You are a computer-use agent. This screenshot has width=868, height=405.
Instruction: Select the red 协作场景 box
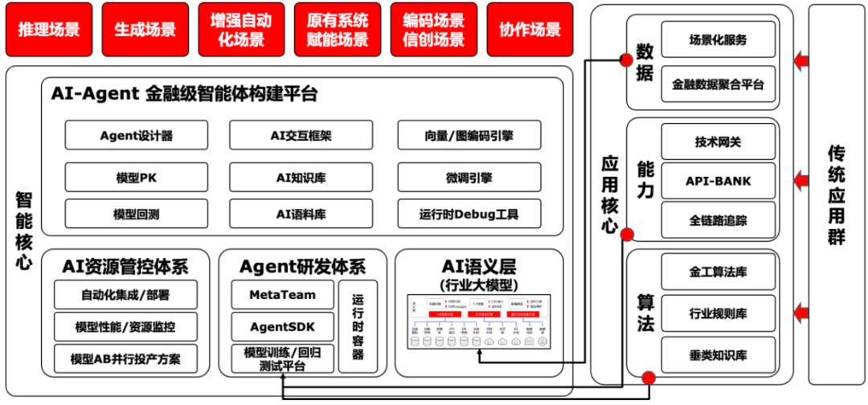click(530, 30)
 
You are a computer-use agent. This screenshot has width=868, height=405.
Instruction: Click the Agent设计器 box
click(137, 135)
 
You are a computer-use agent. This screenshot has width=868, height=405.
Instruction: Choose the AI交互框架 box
click(301, 135)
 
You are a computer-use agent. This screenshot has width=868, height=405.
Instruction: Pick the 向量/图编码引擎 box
click(469, 135)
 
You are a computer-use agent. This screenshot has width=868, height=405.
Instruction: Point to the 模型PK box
click(137, 178)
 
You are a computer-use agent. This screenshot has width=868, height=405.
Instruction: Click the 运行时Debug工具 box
click(469, 214)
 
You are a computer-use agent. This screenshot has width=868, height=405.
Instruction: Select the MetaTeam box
click(282, 295)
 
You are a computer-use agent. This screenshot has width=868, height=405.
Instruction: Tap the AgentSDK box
click(282, 326)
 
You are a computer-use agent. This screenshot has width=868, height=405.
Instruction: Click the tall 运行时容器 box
click(358, 326)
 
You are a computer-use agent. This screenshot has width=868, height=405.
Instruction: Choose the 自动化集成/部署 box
click(125, 295)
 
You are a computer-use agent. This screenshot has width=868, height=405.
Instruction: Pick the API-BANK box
click(718, 181)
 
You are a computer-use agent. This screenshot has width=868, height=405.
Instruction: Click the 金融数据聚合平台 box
click(718, 84)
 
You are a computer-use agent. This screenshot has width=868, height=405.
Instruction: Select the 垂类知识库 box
click(718, 354)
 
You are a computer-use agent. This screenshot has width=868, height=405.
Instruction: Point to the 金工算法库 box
click(718, 271)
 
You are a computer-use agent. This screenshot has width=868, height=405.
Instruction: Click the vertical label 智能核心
click(23, 230)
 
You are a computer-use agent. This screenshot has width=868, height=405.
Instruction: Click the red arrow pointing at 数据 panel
click(800, 59)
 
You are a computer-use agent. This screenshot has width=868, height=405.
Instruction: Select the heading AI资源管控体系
click(125, 265)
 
